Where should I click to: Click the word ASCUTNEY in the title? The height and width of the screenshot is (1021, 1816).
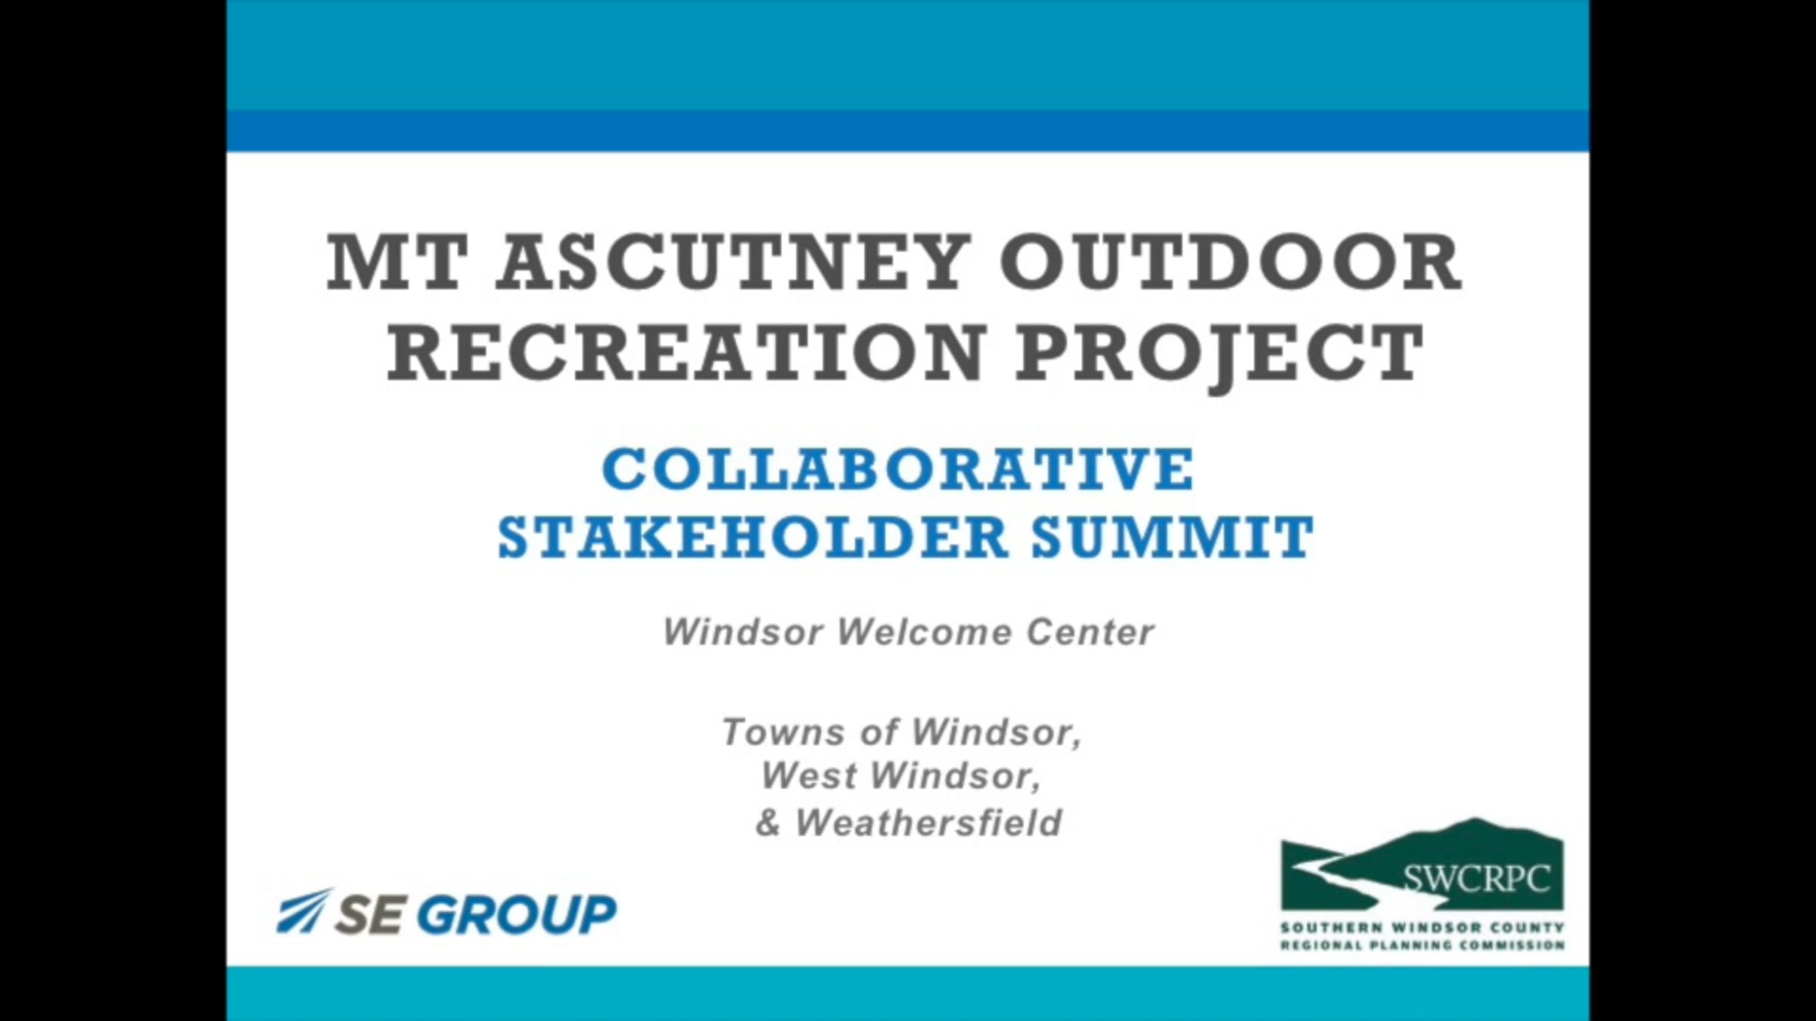pos(733,262)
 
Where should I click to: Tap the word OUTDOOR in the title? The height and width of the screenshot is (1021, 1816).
pos(1231,262)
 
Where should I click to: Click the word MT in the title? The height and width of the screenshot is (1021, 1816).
pos(396,262)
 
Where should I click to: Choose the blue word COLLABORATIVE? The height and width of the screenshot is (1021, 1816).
pos(898,469)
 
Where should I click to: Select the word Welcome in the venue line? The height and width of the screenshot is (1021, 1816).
pos(924,632)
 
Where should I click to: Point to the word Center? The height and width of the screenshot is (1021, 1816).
pos(1090,632)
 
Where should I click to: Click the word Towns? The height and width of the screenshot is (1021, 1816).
pos(773,732)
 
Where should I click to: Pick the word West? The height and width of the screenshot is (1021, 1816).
pos(808,775)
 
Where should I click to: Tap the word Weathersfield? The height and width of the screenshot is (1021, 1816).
pos(929,822)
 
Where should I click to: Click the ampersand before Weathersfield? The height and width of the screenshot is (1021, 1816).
pos(768,823)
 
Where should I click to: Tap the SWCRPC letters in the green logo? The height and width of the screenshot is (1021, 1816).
pos(1476,879)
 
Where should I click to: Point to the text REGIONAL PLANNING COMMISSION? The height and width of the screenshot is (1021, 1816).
pos(1423,945)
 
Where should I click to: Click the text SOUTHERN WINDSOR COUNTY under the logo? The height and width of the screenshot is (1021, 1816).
pos(1423,927)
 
